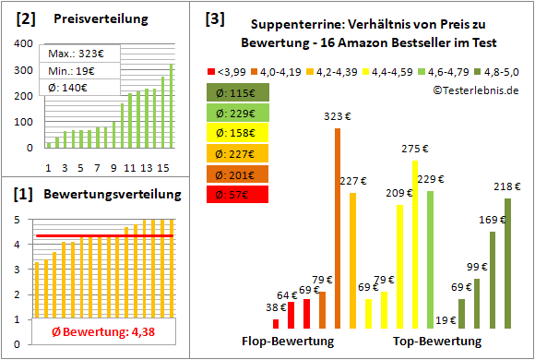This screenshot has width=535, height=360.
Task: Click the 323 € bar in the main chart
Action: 338,228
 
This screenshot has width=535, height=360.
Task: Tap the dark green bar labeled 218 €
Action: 507,263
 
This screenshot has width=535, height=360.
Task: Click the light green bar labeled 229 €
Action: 430,259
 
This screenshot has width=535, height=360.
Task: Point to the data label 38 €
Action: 276,308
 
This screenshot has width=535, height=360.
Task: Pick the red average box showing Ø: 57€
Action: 238,194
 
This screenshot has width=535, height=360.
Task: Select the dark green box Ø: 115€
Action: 238,92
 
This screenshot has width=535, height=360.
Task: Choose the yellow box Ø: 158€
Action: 238,133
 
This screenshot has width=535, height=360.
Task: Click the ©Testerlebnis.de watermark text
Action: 474,90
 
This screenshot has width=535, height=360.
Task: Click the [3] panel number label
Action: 215,17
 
